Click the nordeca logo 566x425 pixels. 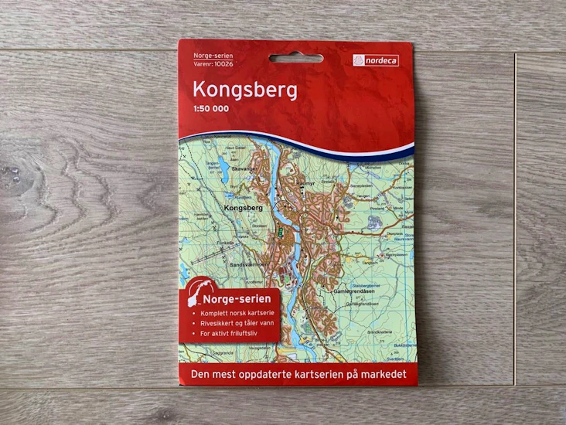pos(376,59)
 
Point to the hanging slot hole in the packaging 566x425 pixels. pos(296,58)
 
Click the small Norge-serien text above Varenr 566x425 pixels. pos(206,56)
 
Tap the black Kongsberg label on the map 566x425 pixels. pos(243,208)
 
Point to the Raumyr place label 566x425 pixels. pos(309,182)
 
